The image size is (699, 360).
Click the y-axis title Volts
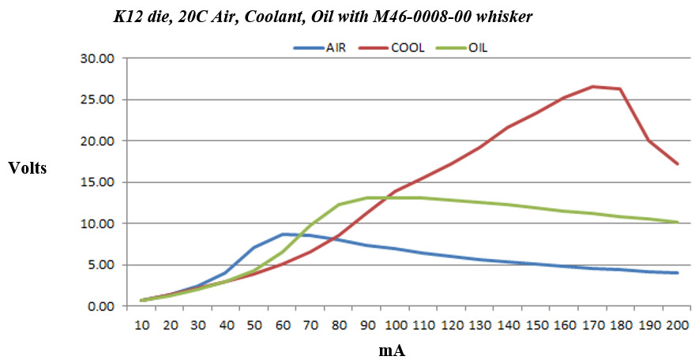[28, 167]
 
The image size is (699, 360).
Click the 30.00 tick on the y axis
[97, 58]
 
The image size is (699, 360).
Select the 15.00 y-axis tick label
[97, 182]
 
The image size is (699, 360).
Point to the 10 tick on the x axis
[141, 324]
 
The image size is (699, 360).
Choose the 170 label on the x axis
[592, 324]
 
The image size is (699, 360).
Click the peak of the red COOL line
[592, 87]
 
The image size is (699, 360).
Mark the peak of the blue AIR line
[283, 234]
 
